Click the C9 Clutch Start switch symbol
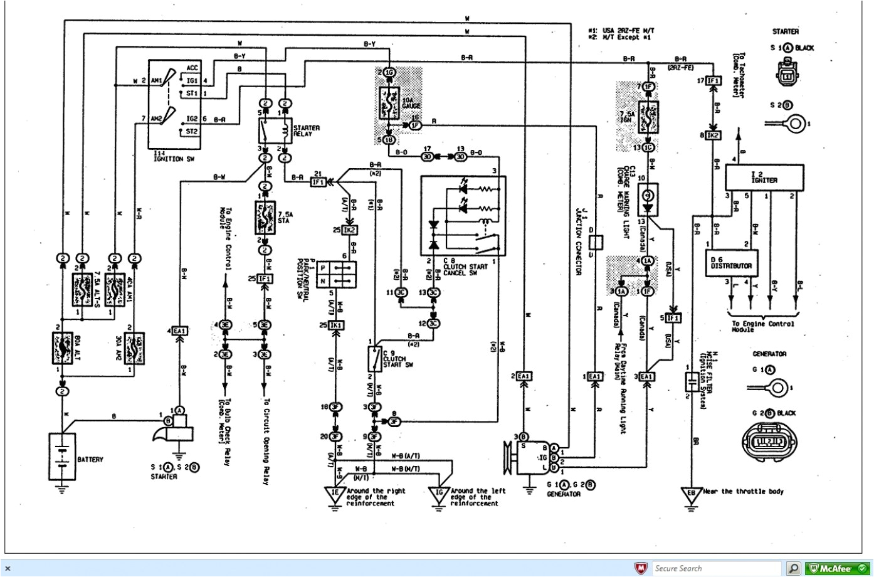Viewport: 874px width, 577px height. [374, 359]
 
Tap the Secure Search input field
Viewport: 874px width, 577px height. [716, 568]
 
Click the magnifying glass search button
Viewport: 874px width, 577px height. [793, 568]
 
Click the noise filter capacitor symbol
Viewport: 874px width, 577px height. [691, 383]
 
